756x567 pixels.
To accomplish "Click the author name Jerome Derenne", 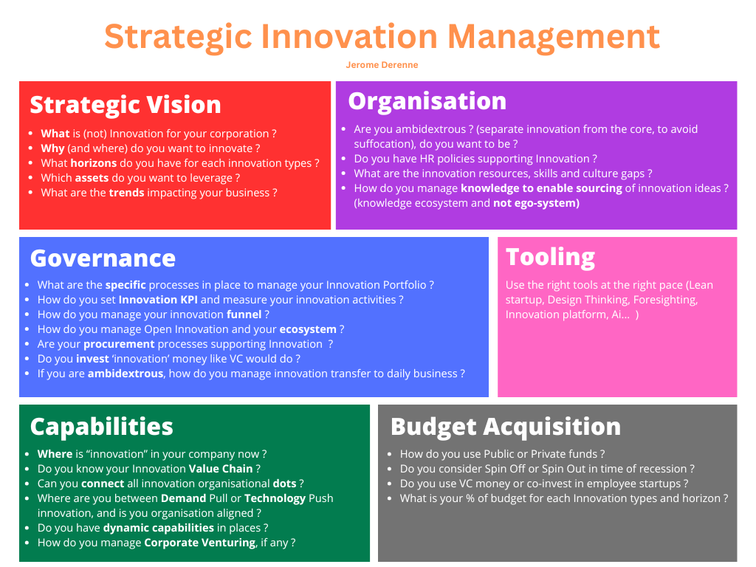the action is [x=382, y=65].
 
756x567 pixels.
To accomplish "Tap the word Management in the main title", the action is [x=554, y=37].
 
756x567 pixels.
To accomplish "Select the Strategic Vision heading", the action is [x=126, y=105].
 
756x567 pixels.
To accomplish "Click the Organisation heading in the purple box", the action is [x=427, y=101].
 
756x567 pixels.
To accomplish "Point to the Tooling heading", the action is [x=550, y=257].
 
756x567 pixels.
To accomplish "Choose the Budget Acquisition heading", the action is [x=506, y=427].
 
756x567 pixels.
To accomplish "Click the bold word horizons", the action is [x=94, y=163].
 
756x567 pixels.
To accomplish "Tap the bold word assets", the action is [x=92, y=178].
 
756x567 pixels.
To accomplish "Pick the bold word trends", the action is [x=126, y=193].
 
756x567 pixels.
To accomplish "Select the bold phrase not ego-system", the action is [x=536, y=204].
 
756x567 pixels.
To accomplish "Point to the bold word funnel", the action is [x=244, y=315].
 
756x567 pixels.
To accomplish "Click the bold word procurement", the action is [x=119, y=344].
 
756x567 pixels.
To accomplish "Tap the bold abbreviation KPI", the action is [x=189, y=300].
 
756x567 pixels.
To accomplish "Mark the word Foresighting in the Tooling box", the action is [x=665, y=300].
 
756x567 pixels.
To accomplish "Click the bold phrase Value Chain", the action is [x=221, y=469].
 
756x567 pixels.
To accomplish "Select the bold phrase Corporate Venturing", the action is [x=200, y=543].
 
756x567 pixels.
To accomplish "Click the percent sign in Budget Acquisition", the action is [x=470, y=498].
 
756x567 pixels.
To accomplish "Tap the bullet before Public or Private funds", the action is [x=390, y=454].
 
